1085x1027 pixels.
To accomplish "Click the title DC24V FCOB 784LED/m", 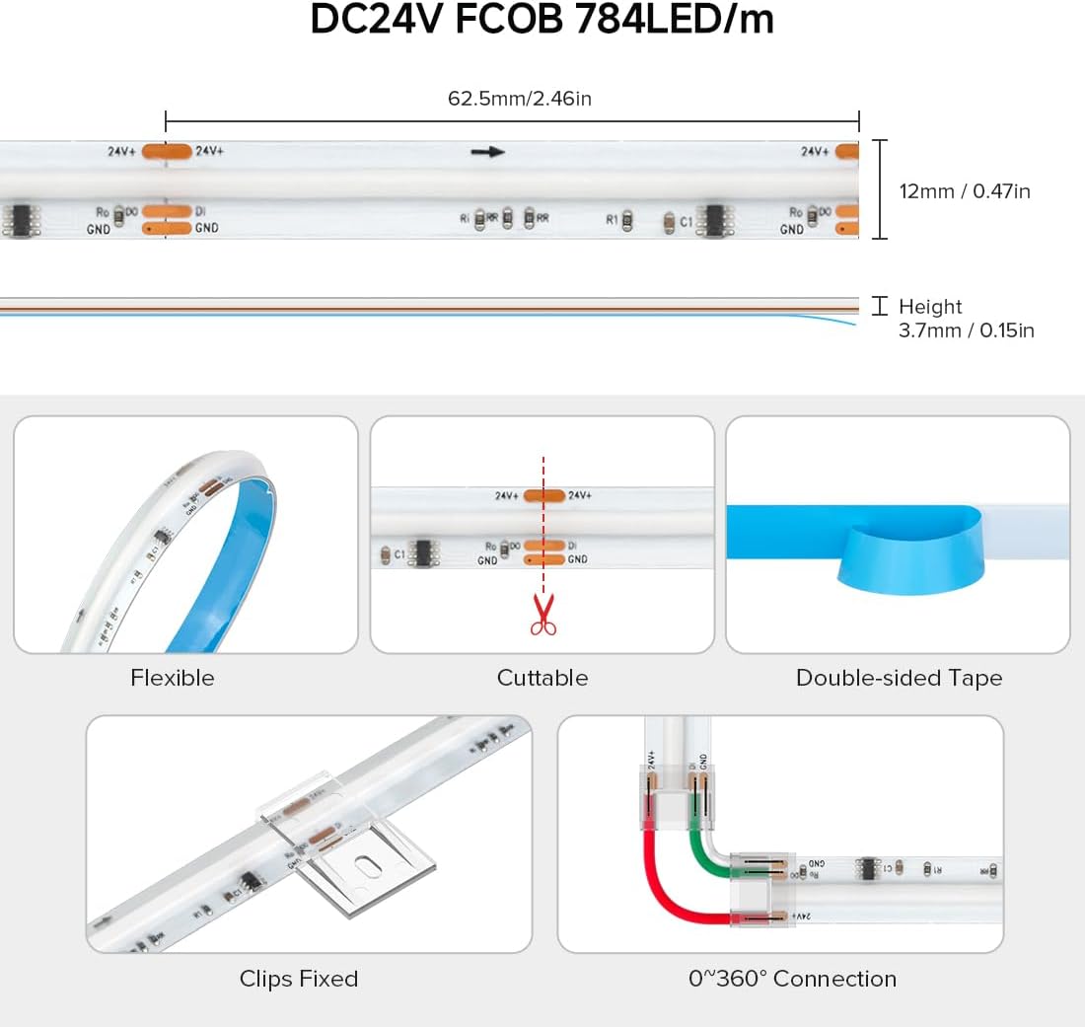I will [542, 21].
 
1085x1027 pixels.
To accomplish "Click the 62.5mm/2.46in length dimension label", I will [520, 99].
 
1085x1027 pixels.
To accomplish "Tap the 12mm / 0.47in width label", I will [964, 191].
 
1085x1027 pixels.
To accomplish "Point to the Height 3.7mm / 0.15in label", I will [966, 319].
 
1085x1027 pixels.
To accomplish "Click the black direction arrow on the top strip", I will [487, 152].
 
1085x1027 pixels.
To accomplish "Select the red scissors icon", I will [542, 614].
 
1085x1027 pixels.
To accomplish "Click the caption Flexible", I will [172, 678].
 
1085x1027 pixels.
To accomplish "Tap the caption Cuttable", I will [542, 678].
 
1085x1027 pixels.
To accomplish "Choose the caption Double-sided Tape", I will [899, 678].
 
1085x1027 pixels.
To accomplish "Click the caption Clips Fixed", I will [298, 979].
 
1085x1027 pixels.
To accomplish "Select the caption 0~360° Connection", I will [792, 979].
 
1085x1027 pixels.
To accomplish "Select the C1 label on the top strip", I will [686, 222].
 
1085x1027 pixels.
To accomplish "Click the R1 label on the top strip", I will [612, 220].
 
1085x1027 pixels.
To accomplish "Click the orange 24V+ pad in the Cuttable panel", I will [542, 496].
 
